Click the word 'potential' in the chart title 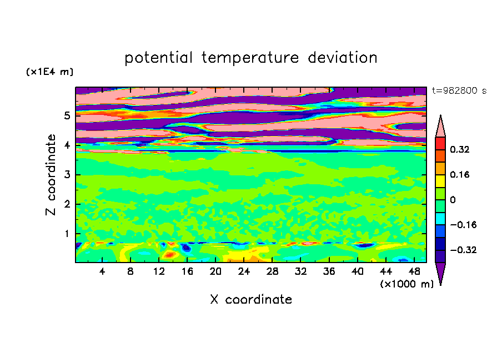pos(158,58)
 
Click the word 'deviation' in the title pos(342,57)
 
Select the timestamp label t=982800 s pos(459,90)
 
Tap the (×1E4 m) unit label pos(50,72)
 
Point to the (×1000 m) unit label pos(406,284)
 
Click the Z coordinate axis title pos(51,174)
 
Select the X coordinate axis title pos(251,299)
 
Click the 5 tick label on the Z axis pos(67,115)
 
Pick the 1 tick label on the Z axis pos(67,234)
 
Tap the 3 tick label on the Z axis pos(67,174)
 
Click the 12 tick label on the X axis pos(159,271)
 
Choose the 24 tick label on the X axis pos(244,271)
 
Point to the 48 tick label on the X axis pos(414,271)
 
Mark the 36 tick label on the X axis pos(329,271)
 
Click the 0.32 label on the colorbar pos(460,149)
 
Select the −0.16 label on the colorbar pos(463,225)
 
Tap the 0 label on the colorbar pos(453,200)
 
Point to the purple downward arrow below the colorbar pos(440,273)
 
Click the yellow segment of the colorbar pos(440,181)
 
